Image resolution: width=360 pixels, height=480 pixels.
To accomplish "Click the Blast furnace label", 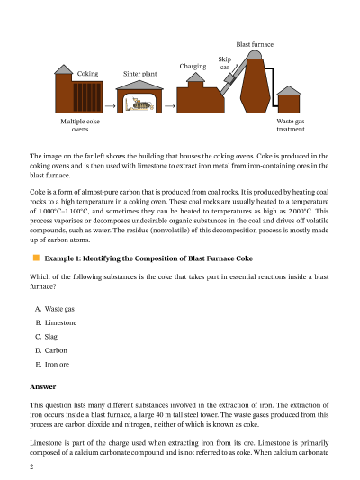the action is point(255,44).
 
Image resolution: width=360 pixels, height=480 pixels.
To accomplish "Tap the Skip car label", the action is point(225,63).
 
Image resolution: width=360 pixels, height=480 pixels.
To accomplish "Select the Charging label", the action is point(193,67).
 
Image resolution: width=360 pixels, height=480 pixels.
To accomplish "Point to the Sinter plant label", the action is point(140,74).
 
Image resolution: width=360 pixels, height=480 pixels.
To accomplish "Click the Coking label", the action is point(88,74).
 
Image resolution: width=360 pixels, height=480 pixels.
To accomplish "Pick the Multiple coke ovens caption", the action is point(80,125).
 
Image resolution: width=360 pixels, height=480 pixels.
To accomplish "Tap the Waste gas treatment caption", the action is point(291,125).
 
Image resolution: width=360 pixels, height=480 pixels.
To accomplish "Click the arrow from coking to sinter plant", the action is point(110,106).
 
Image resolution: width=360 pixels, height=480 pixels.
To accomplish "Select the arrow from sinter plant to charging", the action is point(170,106).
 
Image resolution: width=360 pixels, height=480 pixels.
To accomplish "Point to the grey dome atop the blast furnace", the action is point(254,55).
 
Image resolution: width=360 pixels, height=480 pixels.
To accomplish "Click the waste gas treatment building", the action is point(289,100).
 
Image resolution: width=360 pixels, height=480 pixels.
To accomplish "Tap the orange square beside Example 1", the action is point(36,258).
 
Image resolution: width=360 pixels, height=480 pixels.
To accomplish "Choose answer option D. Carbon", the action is point(51,350).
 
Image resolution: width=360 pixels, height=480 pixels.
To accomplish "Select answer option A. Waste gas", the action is point(55,309).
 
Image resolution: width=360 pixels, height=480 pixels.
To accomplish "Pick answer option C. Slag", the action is point(46,337).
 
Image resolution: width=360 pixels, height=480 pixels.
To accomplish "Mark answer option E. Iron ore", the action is point(52,365).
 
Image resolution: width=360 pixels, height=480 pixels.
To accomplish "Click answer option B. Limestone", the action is point(56,322).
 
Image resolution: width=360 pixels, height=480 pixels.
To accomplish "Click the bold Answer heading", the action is point(43,386).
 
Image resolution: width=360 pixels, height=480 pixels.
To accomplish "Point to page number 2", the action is point(31,466).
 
